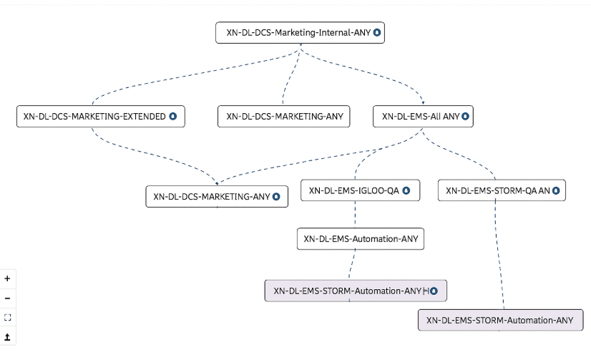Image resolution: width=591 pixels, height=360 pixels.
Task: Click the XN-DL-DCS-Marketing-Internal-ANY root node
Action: click(299, 33)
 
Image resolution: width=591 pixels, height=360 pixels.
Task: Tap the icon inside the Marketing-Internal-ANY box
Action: click(376, 33)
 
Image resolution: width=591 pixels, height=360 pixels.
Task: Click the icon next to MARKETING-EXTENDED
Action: click(172, 116)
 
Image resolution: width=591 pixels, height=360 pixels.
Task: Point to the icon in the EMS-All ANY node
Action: click(465, 116)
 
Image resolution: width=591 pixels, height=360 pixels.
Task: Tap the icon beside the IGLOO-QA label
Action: click(406, 190)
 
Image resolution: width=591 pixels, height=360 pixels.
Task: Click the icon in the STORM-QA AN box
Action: click(556, 190)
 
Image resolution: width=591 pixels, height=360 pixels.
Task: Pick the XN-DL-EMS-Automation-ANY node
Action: click(361, 239)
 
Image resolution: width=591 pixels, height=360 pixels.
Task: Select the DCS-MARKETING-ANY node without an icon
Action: click(284, 116)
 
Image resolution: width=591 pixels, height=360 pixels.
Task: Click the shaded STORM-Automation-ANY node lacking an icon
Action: click(500, 320)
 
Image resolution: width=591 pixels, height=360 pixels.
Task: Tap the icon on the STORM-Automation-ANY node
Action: click(434, 291)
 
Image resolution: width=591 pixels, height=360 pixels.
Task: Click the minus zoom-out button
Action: click(8, 298)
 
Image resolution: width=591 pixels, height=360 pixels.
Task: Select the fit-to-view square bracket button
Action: click(8, 317)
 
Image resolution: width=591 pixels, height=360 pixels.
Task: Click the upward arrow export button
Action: click(8, 336)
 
